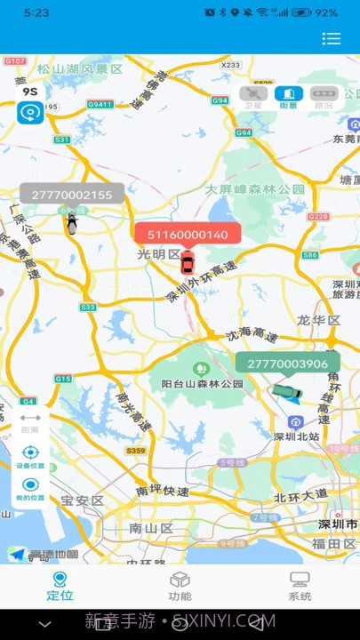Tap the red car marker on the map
click(187, 263)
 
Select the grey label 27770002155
click(72, 195)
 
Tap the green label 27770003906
click(287, 364)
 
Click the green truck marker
click(286, 391)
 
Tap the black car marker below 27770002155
click(72, 223)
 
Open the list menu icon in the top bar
click(332, 38)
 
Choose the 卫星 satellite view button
click(253, 97)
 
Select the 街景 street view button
click(288, 97)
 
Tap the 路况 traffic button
click(323, 97)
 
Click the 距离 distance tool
click(30, 421)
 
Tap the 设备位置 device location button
click(30, 456)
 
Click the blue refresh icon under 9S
click(30, 113)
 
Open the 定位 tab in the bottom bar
click(60, 586)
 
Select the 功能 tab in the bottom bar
click(180, 586)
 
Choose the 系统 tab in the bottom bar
click(300, 586)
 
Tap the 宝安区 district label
click(83, 501)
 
